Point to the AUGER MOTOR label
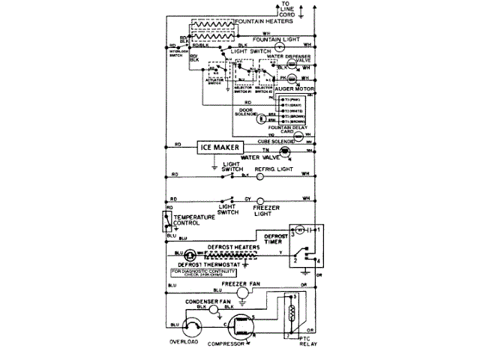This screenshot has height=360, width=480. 295,88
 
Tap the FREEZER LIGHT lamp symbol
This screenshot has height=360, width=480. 260,200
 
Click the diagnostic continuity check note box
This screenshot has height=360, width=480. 199,275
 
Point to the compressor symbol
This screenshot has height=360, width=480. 239,326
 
